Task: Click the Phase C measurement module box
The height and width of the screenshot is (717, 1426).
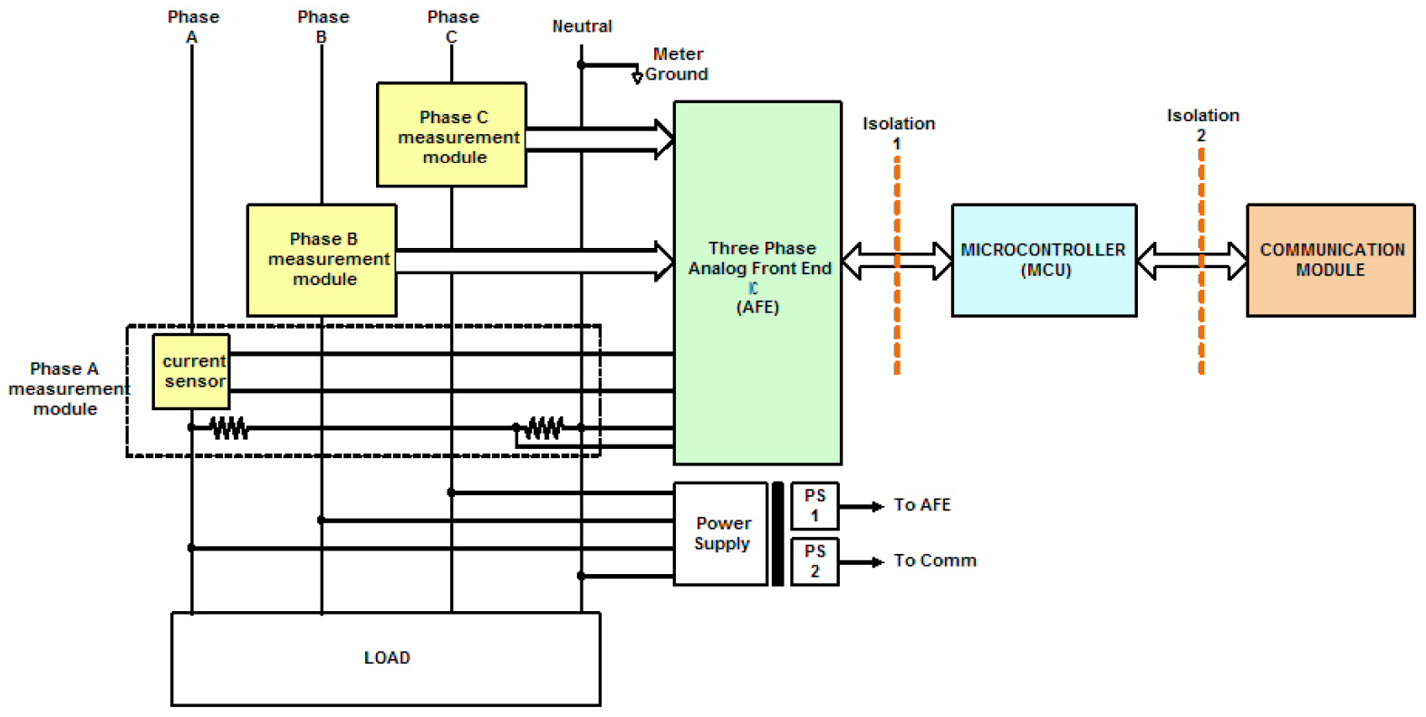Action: point(451,134)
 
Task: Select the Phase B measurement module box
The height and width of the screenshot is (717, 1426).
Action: point(322,260)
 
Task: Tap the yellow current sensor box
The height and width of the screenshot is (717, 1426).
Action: point(191,371)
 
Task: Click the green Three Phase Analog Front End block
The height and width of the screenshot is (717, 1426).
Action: point(757,282)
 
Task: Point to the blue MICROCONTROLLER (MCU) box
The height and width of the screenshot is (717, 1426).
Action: point(1044,260)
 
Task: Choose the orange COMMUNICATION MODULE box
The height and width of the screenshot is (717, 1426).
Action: point(1331,260)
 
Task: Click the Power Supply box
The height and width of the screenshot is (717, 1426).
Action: point(720,534)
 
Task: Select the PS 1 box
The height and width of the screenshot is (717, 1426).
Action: point(814,506)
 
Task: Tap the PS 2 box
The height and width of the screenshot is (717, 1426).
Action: point(814,562)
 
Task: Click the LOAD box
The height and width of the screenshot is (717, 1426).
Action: point(386,659)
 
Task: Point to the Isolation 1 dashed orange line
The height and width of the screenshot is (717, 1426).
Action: point(897,265)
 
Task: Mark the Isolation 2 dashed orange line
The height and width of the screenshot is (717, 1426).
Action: point(1201,261)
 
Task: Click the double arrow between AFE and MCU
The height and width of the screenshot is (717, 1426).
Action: point(897,261)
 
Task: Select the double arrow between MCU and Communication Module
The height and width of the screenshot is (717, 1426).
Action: point(1191,261)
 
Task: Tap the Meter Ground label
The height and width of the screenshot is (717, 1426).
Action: point(677,63)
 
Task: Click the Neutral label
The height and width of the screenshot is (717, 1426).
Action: point(582,26)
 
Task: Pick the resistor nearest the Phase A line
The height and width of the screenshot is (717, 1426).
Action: point(229,427)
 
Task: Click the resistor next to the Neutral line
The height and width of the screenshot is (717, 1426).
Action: point(543,427)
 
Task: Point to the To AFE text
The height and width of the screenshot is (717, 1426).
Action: point(921,505)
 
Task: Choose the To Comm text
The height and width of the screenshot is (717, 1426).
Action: point(935,560)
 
